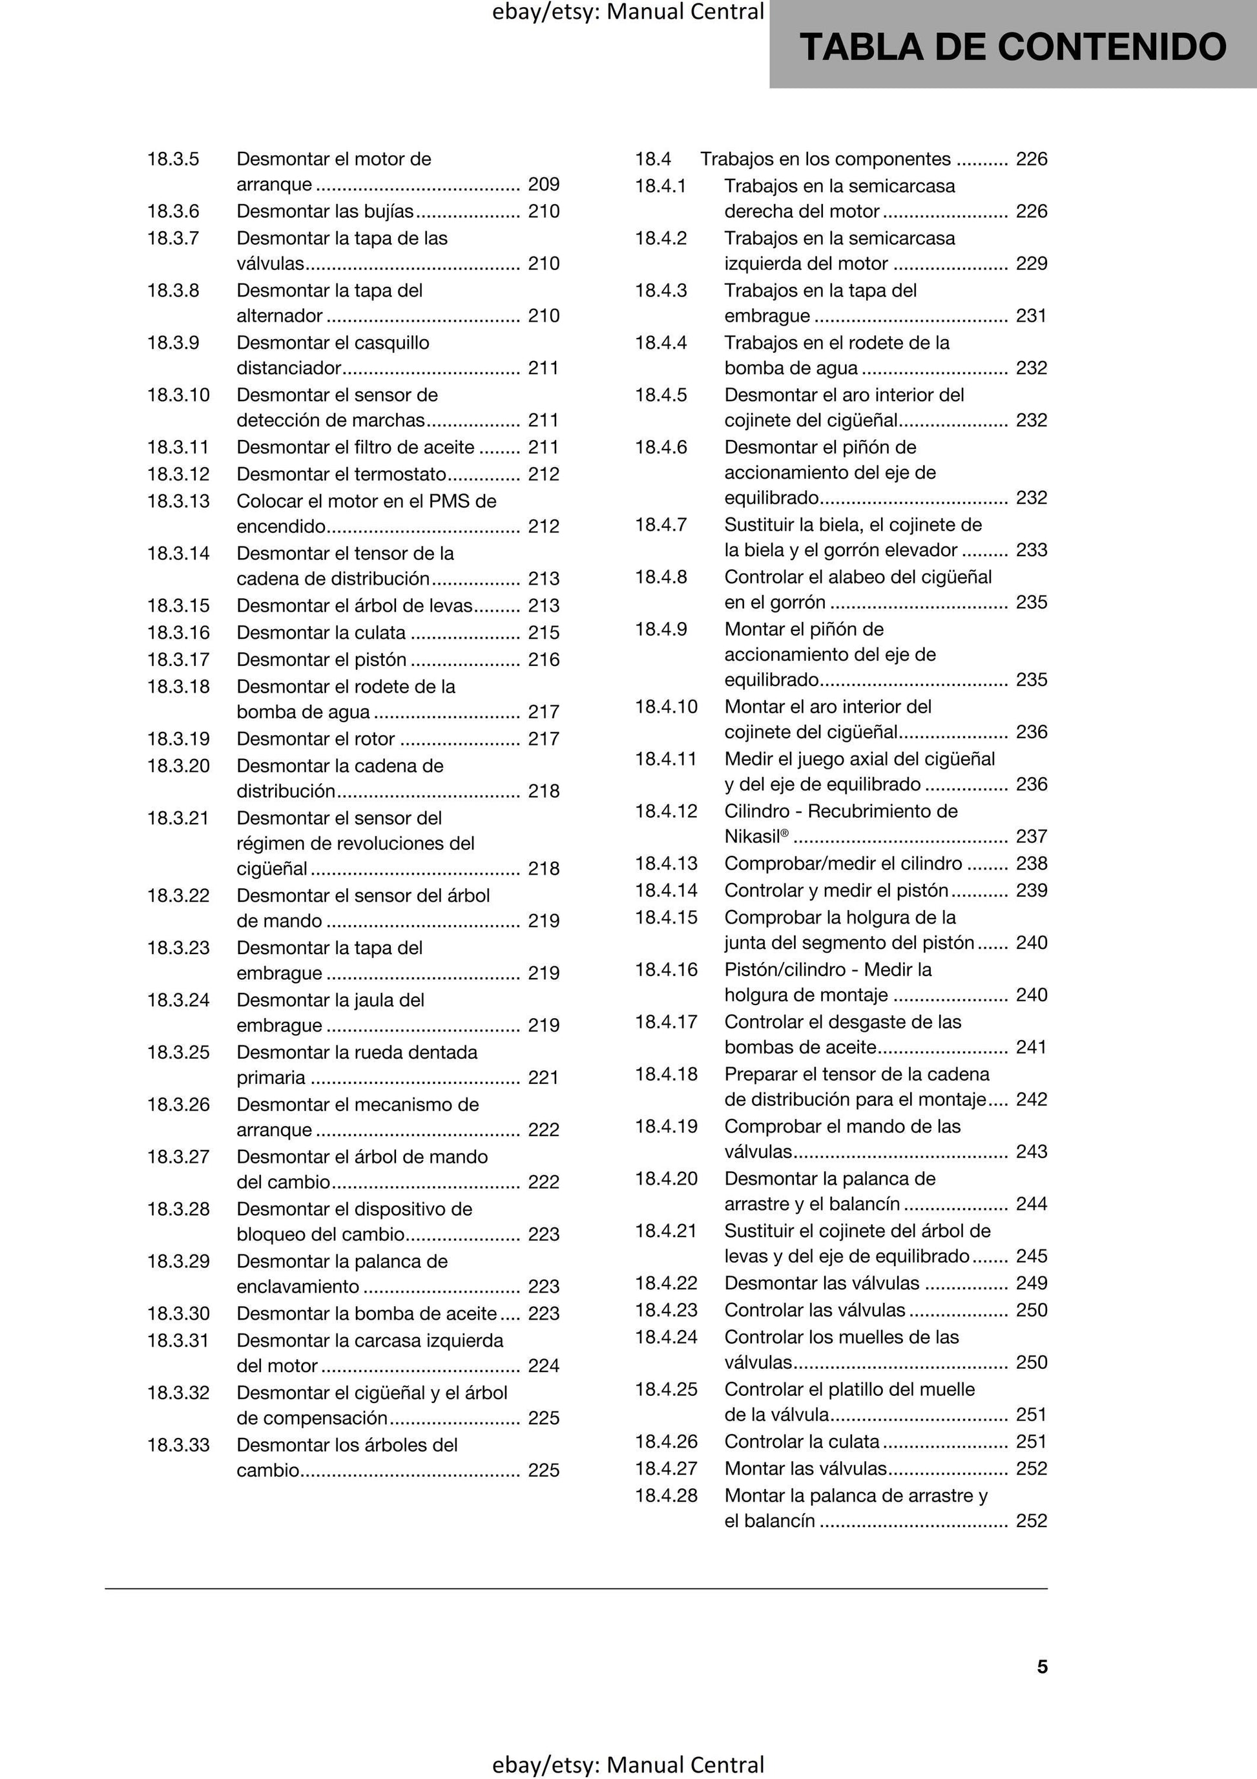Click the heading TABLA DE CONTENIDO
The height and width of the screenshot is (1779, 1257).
tap(1012, 47)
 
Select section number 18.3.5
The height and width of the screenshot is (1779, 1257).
tap(173, 159)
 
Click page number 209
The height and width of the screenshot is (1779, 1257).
tap(543, 184)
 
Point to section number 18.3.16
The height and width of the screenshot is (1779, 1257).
tap(178, 632)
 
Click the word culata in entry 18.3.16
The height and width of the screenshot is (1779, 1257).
tap(380, 632)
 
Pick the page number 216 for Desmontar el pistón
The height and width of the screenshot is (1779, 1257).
tap(543, 660)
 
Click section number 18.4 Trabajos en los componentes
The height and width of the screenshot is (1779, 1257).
tap(652, 159)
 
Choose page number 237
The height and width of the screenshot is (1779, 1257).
tap(1032, 837)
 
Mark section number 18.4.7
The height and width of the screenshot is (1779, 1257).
tap(660, 525)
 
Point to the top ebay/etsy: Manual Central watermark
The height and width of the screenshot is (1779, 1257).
tap(628, 12)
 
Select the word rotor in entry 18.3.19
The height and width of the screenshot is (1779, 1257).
tap(374, 738)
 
